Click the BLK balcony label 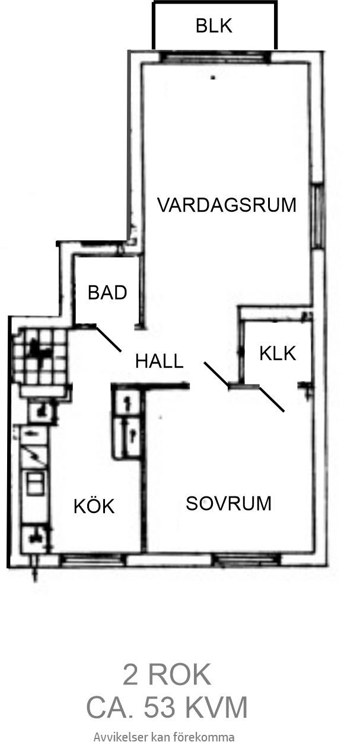[214, 26]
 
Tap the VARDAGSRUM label [227, 205]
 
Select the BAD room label [107, 292]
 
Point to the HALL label [160, 361]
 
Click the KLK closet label [278, 353]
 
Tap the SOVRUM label [228, 503]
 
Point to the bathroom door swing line [109, 338]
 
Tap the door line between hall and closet [216, 374]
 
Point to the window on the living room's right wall [317, 216]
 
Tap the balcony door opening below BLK [215, 58]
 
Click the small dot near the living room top [214, 78]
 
